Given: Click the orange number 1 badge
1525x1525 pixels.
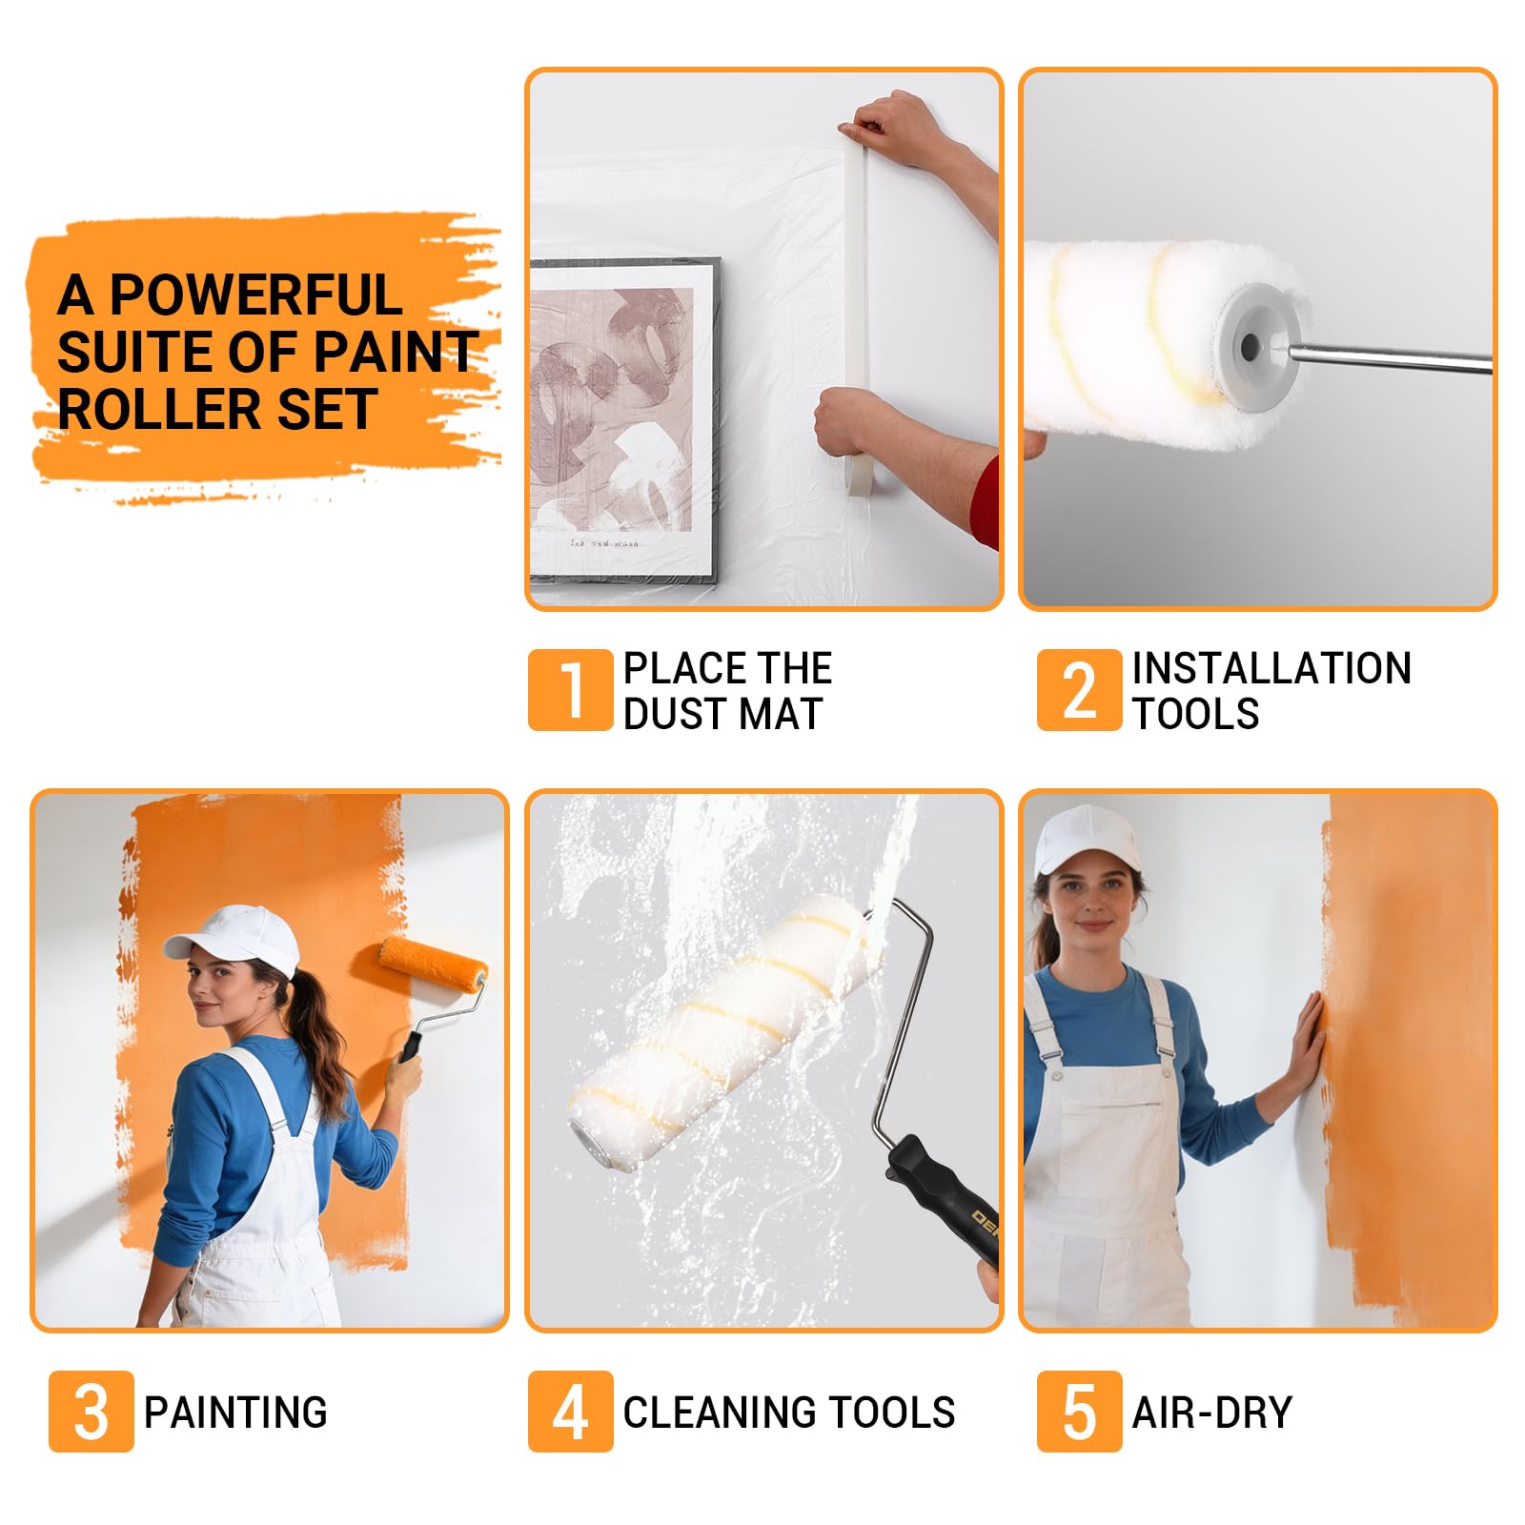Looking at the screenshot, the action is click(570, 690).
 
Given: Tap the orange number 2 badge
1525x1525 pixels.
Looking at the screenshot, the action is click(1079, 690).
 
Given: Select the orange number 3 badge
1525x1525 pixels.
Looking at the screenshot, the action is click(91, 1412).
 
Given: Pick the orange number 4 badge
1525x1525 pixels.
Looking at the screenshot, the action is click(570, 1412).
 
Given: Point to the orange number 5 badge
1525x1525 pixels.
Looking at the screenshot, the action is click(1079, 1412).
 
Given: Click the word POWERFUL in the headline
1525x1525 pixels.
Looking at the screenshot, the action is click(255, 295).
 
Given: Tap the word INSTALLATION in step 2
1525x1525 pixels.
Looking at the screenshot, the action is click(1271, 668).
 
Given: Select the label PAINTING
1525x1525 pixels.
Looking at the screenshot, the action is click(235, 1413).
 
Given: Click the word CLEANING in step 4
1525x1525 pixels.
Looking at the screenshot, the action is click(707, 1413).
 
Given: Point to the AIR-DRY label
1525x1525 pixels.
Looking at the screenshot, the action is click(1211, 1413).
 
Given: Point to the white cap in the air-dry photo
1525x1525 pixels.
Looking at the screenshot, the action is click(1087, 838).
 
